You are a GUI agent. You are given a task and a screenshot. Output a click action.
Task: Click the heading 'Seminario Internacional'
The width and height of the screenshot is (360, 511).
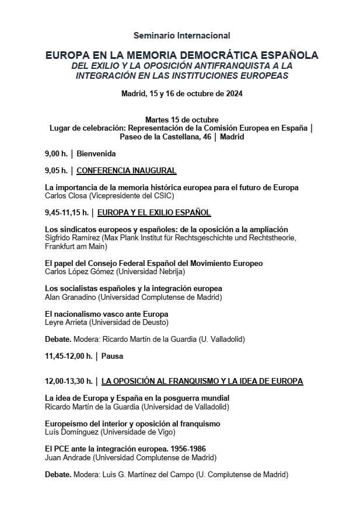point(181,36)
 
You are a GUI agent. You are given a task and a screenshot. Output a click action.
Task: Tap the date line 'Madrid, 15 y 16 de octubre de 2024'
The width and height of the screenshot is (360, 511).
point(181,93)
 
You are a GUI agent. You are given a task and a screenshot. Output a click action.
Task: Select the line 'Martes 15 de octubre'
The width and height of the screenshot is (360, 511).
point(181,120)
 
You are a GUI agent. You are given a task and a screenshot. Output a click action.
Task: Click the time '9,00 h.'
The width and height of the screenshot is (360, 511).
point(56,154)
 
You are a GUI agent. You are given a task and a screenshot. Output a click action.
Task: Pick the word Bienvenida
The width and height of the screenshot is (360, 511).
point(96,154)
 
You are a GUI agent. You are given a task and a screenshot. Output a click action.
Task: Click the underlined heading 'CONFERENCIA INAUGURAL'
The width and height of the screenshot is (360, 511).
point(127,171)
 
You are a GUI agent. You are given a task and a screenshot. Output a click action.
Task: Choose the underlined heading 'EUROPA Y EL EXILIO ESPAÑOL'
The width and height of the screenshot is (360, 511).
point(154,213)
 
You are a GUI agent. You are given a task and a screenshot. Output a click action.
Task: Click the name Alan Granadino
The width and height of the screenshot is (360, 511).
point(70,297)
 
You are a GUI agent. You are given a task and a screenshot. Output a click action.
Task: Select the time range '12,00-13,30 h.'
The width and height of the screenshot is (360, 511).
point(68,381)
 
